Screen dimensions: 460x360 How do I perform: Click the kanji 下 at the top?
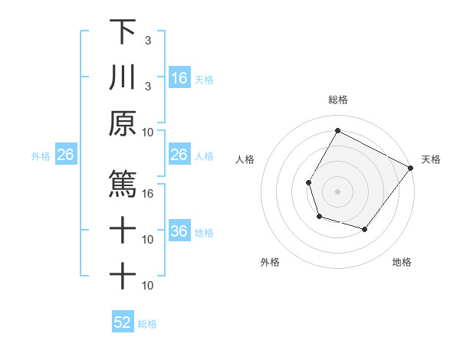pos(123,31)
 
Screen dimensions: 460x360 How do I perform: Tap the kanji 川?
pos(123,77)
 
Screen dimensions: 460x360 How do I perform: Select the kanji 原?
pos(123,123)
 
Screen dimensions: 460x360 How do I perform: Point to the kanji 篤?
pos(123,184)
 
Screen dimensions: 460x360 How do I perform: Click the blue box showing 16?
pos(179,78)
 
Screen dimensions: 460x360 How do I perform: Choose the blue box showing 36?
pos(179,231)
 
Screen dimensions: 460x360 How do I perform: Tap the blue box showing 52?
pos(123,322)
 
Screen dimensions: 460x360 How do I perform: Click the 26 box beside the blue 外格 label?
pos(66,155)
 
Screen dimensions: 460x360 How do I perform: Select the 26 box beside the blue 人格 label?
pos(179,155)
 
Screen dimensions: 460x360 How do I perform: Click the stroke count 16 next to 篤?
pos(149,193)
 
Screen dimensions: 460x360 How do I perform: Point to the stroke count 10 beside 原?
pos(149,131)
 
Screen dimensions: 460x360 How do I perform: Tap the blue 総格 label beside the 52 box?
pos(147,324)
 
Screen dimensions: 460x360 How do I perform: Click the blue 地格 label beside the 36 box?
pos(204,233)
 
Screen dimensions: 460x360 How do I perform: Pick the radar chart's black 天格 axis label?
pos(431,159)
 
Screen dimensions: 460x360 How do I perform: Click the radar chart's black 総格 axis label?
pos(337,100)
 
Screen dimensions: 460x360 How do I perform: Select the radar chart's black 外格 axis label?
pos(270,262)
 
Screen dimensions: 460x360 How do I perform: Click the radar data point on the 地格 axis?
pos(365,230)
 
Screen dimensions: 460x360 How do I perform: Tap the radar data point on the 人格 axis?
pos(308,182)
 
